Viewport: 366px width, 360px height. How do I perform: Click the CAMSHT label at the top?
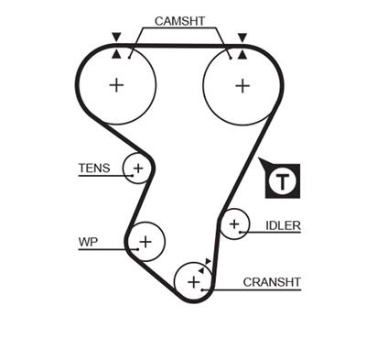point(179,19)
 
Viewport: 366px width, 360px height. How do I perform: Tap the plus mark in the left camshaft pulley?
point(116,85)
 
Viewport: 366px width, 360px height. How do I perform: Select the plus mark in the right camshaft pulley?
point(242,85)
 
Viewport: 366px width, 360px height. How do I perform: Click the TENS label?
point(94,168)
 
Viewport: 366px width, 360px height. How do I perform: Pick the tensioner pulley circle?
point(137,169)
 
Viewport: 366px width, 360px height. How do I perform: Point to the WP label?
point(88,242)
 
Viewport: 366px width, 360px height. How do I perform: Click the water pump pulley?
point(144,241)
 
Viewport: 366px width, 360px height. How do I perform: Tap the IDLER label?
point(283,224)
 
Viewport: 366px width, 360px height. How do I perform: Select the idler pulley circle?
point(234,224)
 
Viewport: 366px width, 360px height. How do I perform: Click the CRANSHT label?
point(272,282)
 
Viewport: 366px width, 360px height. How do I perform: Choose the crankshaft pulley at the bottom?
point(193,281)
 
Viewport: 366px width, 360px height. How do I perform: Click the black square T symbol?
point(282,181)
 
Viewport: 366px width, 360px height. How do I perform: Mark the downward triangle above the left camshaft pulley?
point(116,38)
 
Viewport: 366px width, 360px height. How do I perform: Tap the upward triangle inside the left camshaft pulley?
point(116,55)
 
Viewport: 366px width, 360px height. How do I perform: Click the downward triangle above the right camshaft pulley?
point(242,38)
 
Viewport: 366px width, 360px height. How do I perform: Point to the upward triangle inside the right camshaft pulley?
point(242,55)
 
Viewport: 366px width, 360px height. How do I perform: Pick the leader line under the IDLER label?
point(274,233)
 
